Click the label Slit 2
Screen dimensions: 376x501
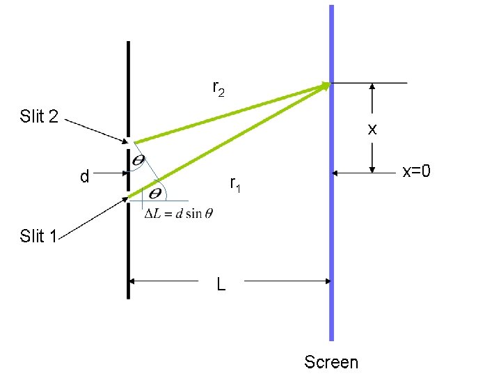click(38, 116)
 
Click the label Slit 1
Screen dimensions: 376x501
click(38, 237)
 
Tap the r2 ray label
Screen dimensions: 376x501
click(218, 88)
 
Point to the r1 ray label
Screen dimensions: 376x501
click(235, 185)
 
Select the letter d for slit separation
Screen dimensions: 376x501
click(84, 178)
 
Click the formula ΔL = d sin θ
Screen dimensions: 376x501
click(178, 213)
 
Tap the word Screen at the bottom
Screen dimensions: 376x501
click(331, 362)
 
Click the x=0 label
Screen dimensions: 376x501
click(417, 171)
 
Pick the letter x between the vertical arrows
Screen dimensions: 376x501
click(372, 129)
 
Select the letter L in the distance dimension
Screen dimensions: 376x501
click(221, 284)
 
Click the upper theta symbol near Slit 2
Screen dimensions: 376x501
click(139, 161)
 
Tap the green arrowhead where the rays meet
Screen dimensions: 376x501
click(325, 86)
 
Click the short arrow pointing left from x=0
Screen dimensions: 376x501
click(362, 171)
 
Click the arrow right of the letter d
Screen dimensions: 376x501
click(111, 178)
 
